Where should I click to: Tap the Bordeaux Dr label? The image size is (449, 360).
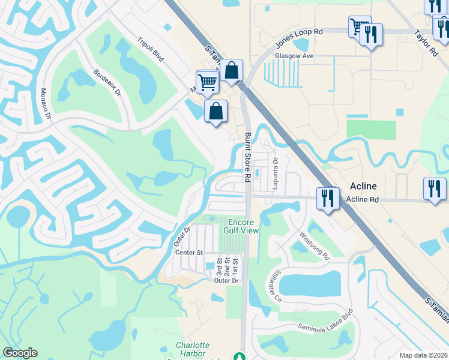[x=107, y=84]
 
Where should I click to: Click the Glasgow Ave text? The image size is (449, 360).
[x=295, y=56]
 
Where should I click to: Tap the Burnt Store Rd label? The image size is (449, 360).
[x=247, y=157]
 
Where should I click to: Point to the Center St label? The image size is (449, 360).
[x=190, y=253]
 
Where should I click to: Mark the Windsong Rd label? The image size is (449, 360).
[x=315, y=246]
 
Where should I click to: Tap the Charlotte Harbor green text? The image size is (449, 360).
[x=193, y=345]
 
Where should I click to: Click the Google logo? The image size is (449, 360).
[x=20, y=353]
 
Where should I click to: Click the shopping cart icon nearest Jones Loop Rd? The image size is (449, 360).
[x=359, y=26]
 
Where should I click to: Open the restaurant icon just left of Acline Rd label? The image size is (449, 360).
[x=327, y=197]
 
